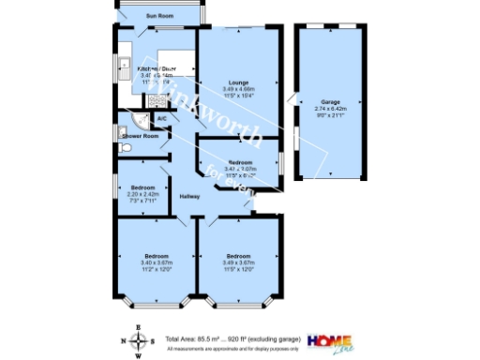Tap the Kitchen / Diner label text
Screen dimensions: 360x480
[x=157, y=69]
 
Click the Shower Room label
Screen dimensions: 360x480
[x=139, y=137]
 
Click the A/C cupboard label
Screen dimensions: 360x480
[x=161, y=119]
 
